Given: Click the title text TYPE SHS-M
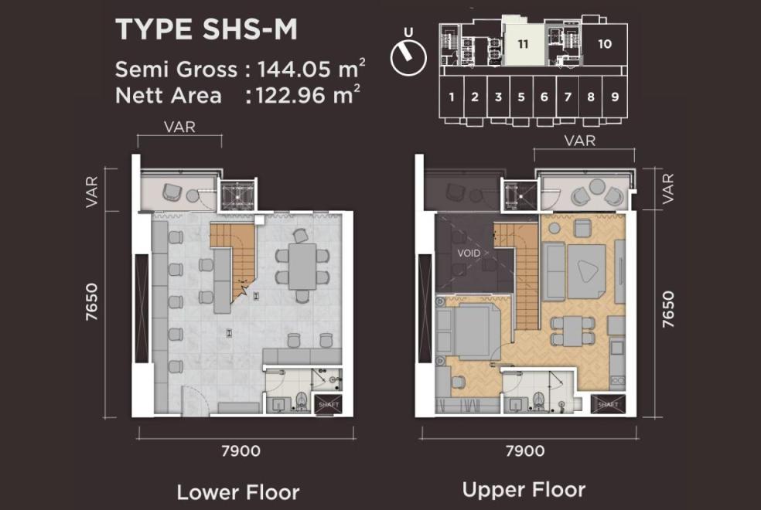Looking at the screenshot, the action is (x=206, y=29).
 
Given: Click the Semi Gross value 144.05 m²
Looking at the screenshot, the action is (x=311, y=69).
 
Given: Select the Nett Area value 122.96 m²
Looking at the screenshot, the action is (x=308, y=95).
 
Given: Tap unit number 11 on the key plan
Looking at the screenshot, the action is (x=523, y=44).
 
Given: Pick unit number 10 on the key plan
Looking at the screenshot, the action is (x=604, y=44).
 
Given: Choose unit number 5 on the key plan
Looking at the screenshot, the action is (x=521, y=97).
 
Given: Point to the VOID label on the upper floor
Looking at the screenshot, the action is (x=469, y=253).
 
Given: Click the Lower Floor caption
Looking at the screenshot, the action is (x=238, y=492).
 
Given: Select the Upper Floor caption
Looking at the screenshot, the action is (x=524, y=490).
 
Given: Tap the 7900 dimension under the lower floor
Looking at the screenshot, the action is (x=241, y=450).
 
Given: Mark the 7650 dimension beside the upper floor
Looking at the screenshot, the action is (x=668, y=309).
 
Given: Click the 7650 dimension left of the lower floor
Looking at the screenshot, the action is (x=91, y=302).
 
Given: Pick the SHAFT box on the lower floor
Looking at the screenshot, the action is (x=328, y=405).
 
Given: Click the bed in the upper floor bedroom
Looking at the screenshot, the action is (x=469, y=330).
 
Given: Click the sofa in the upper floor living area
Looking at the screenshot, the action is (x=552, y=271).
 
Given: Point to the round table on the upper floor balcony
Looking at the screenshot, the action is (x=596, y=185).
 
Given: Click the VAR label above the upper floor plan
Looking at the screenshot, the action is (x=580, y=141).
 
